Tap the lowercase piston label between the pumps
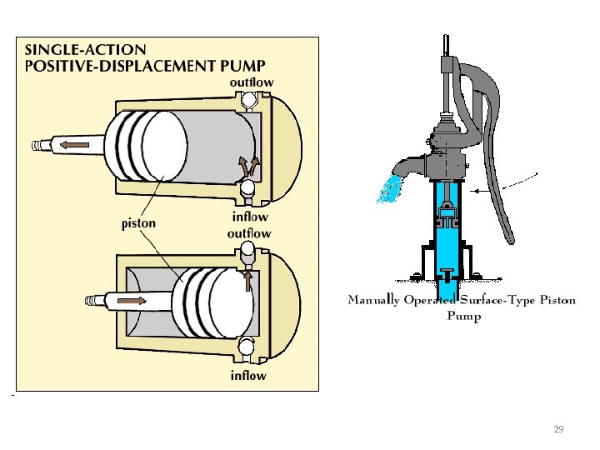pyautogui.click(x=138, y=223)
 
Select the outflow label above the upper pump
pyautogui.click(x=252, y=82)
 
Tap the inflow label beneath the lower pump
pyautogui.click(x=248, y=376)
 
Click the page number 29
pyautogui.click(x=558, y=429)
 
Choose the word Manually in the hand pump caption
pyautogui.click(x=372, y=300)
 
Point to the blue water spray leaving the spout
pyautogui.click(x=387, y=191)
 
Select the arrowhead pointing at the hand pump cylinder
pyautogui.click(x=475, y=192)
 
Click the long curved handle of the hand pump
pyautogui.click(x=497, y=167)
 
